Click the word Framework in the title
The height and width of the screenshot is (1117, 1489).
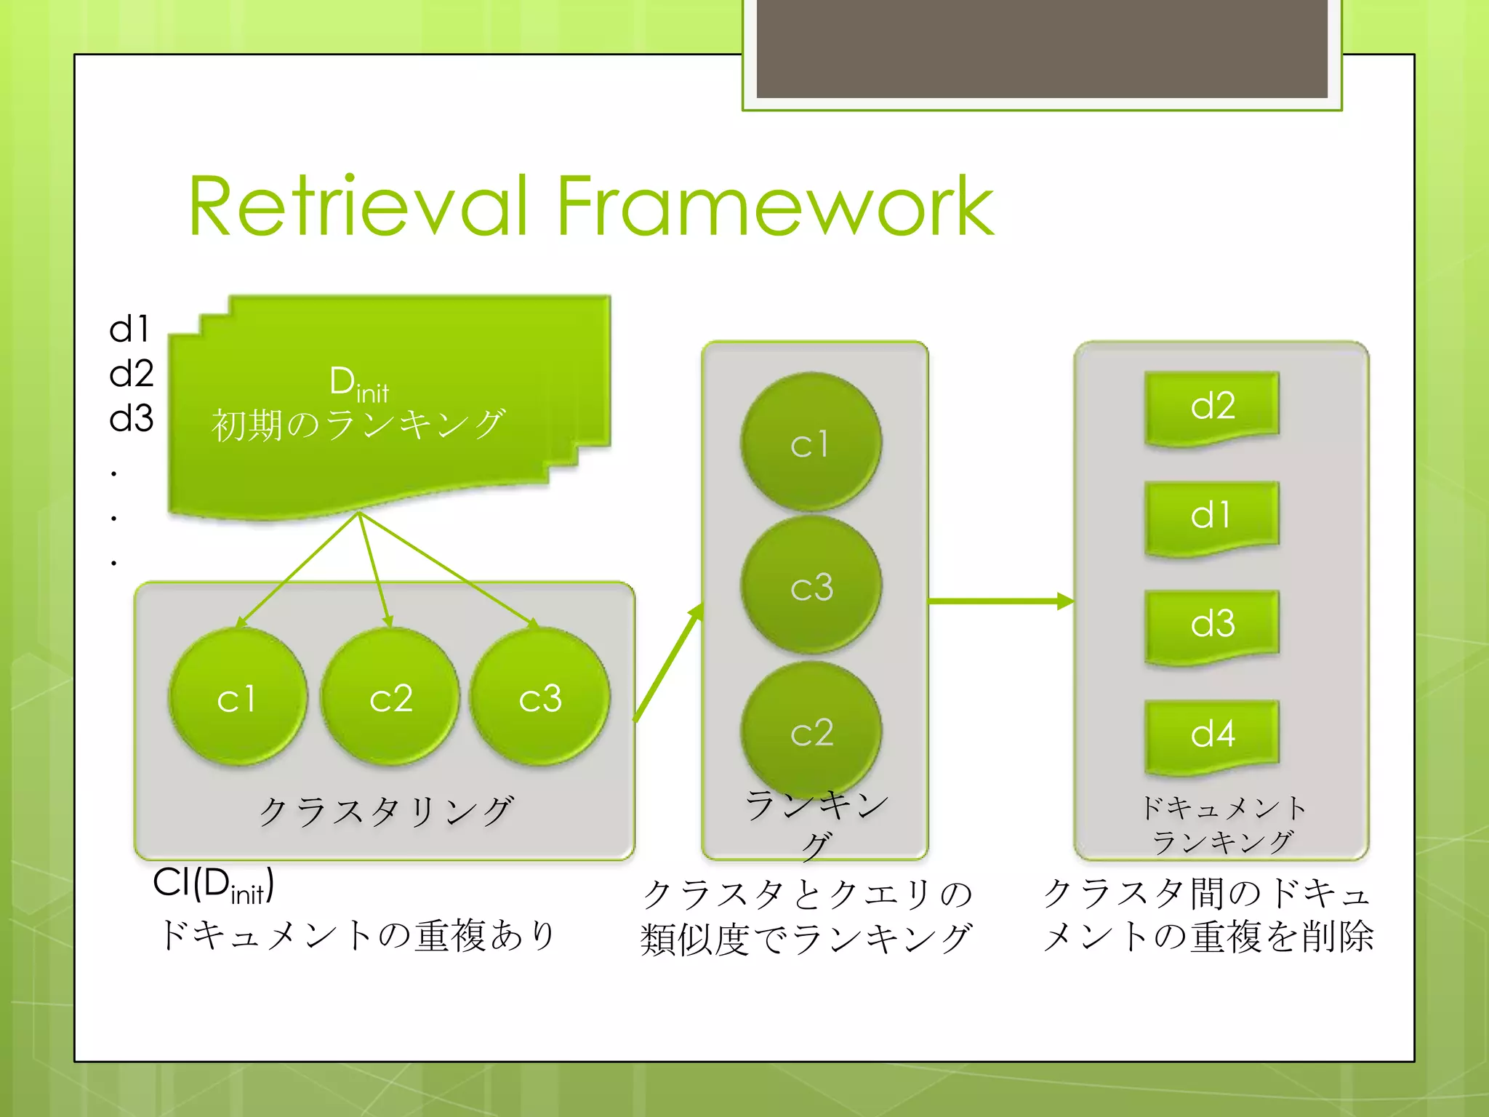[x=774, y=207]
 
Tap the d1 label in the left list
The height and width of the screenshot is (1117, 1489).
[x=129, y=329]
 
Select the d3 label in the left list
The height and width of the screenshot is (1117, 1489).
[x=131, y=418]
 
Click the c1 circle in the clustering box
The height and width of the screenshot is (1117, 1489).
[x=237, y=697]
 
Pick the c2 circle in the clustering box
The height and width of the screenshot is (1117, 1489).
[x=390, y=697]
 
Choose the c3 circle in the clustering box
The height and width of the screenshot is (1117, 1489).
[x=540, y=697]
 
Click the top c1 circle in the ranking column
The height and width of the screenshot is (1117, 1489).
[x=811, y=442]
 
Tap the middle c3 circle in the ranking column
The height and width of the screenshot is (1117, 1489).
[x=811, y=585]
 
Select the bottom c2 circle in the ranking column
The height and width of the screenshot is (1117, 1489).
[x=811, y=731]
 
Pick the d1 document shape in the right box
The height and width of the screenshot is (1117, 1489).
[x=1212, y=516]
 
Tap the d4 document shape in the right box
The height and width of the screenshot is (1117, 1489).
[x=1212, y=734]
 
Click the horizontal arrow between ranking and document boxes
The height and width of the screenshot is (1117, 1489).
[x=1000, y=601]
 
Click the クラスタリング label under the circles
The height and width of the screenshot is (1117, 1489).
[x=386, y=811]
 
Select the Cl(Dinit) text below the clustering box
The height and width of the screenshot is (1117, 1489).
[x=213, y=885]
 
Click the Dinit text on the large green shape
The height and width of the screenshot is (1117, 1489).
[x=358, y=383]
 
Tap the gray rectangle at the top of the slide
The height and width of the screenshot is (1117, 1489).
[x=1041, y=48]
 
